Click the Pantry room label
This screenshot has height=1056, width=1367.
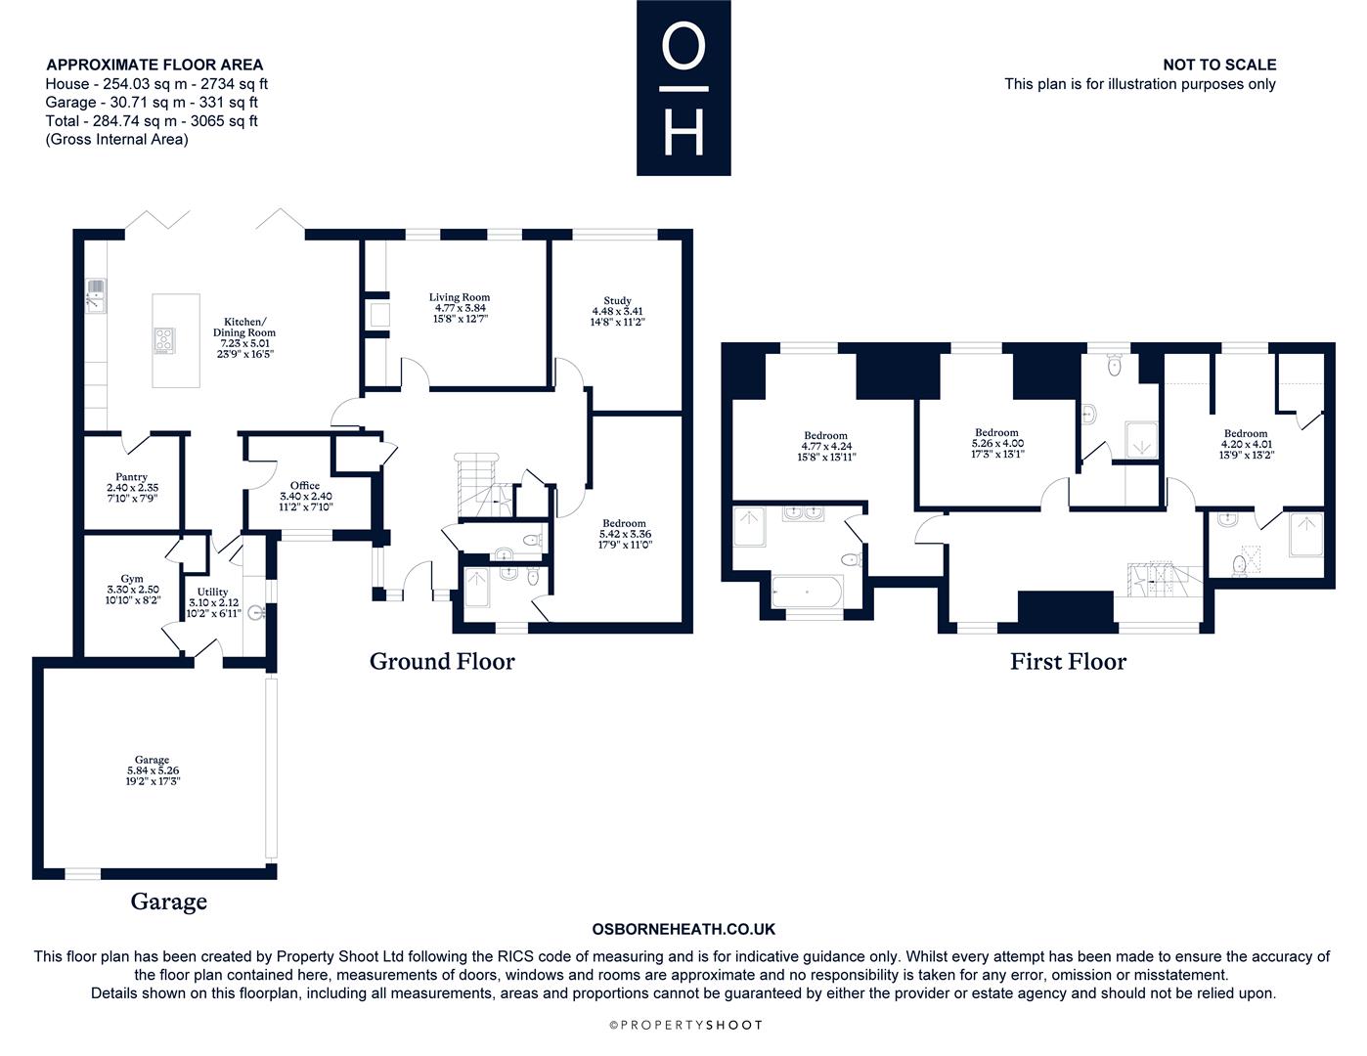(x=131, y=477)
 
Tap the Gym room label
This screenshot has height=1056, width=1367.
(x=132, y=579)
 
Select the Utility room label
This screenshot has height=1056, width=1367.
(x=212, y=592)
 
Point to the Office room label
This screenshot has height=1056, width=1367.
(x=305, y=486)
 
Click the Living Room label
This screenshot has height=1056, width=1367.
(x=460, y=297)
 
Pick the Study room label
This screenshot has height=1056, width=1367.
(x=617, y=300)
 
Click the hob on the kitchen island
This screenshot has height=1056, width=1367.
(x=164, y=341)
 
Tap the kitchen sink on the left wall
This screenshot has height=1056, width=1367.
(x=96, y=295)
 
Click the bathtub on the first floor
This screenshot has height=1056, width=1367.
(x=807, y=592)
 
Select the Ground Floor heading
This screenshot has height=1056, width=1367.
(x=442, y=662)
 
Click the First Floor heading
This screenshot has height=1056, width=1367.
(x=1068, y=662)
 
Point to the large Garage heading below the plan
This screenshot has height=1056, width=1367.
(x=168, y=902)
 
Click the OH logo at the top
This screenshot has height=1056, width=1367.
(x=683, y=88)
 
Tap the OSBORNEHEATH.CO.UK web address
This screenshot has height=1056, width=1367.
(x=683, y=929)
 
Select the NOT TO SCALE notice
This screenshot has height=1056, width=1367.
(x=1219, y=65)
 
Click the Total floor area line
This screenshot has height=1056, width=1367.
(x=152, y=121)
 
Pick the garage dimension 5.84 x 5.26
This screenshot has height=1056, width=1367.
(x=153, y=770)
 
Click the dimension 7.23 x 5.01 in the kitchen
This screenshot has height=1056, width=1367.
(x=244, y=343)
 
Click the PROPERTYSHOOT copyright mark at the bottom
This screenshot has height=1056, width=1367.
(x=685, y=1025)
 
